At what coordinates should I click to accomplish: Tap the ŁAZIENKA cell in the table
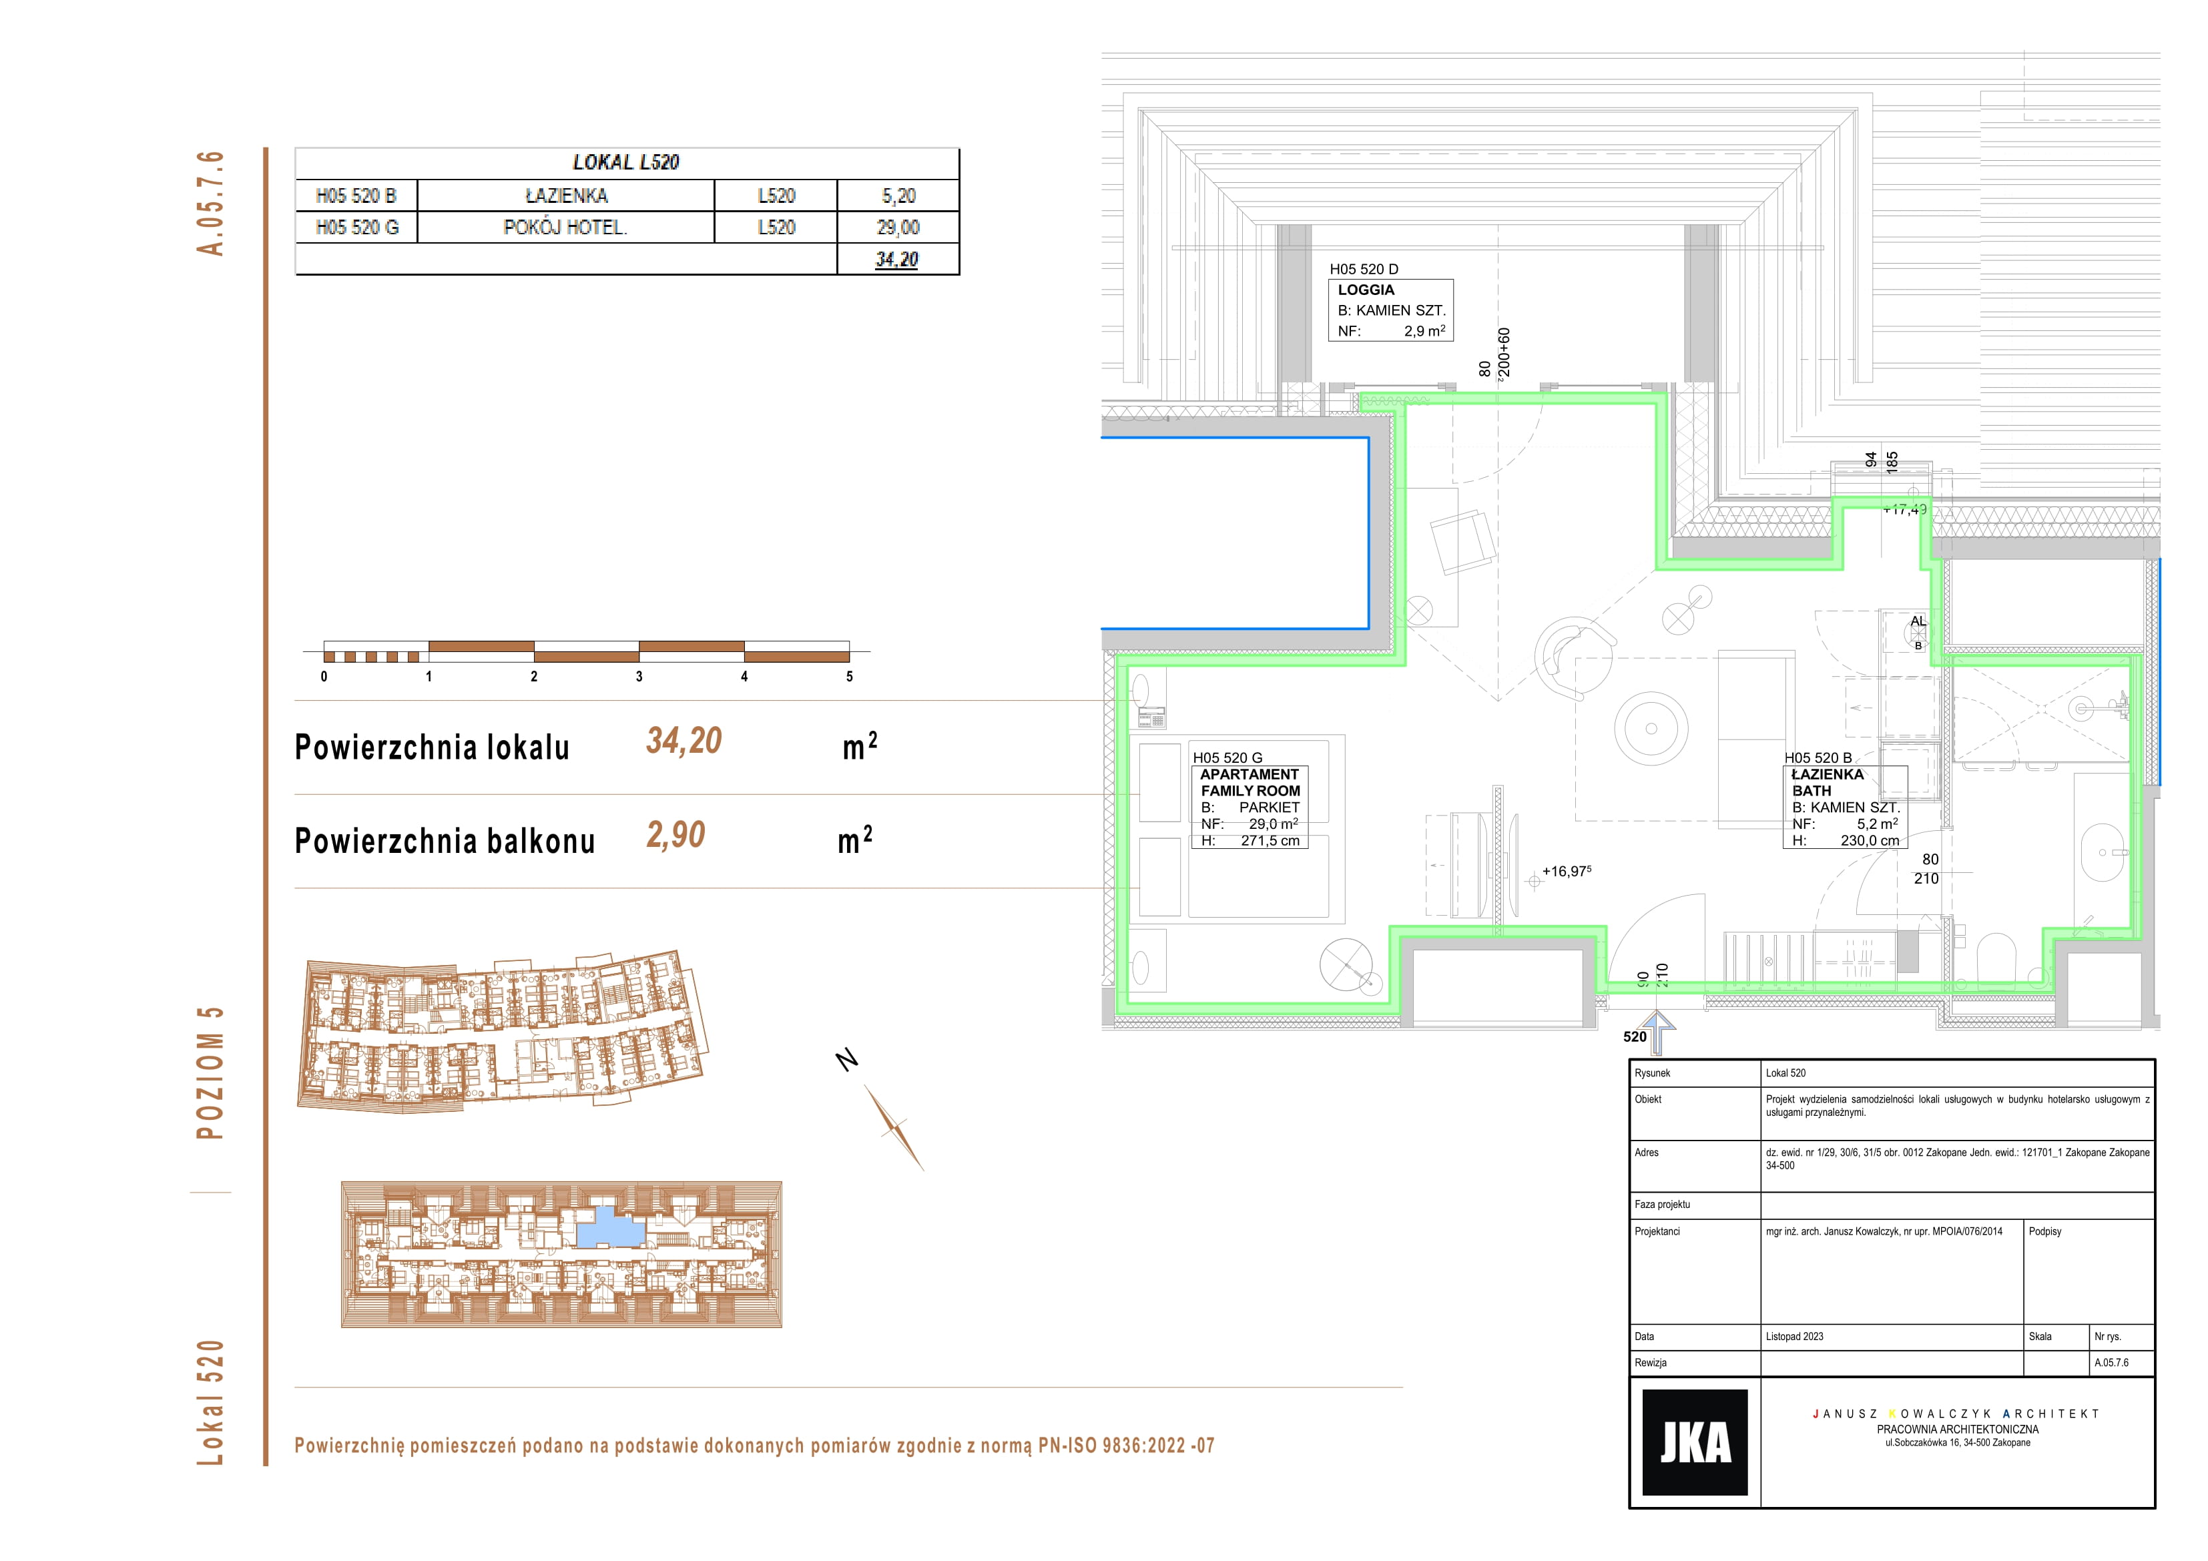565,196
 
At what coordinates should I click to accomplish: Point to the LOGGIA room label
1366,290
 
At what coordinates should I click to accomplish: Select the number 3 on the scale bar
639,676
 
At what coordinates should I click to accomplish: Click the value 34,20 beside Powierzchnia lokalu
683,741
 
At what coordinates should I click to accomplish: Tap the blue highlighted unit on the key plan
609,1228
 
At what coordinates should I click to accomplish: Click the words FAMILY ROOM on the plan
1250,791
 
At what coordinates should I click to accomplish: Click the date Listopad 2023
1794,1336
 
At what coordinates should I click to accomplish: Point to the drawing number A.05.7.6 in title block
2112,1362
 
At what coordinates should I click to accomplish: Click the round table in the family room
1651,728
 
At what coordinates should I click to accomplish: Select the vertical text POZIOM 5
210,1073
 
